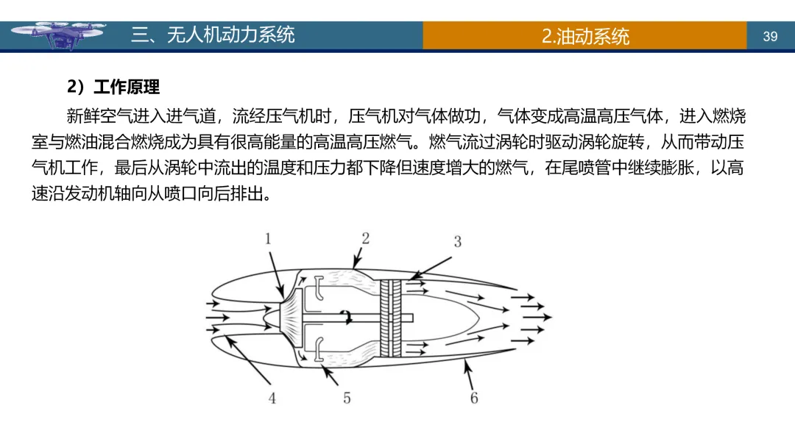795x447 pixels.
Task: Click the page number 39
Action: [770, 36]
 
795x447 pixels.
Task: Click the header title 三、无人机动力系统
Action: [213, 35]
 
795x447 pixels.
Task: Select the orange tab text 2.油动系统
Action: [585, 36]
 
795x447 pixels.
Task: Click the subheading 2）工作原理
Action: [113, 87]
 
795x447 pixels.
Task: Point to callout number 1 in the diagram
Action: [269, 238]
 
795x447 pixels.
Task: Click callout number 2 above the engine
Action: [365, 237]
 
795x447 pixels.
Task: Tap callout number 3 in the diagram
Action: [457, 241]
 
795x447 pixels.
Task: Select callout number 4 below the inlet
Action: [272, 398]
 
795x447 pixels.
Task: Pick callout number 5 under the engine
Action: [347, 398]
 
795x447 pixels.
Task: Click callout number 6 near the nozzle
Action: [474, 398]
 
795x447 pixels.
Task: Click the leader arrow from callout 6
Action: [468, 375]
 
